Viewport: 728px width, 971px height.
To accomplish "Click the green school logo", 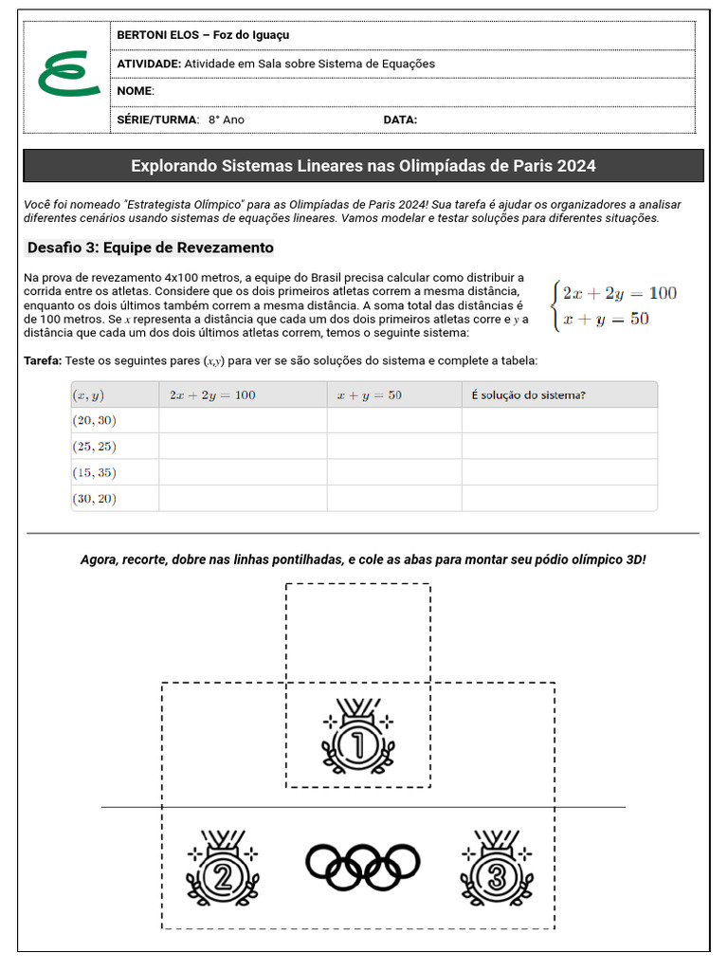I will pyautogui.click(x=67, y=75).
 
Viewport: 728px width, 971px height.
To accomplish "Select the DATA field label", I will pyautogui.click(x=400, y=119).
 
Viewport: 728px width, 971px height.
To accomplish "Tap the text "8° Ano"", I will pyautogui.click(x=227, y=119).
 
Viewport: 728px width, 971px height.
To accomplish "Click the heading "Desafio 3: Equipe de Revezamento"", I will pyautogui.click(x=150, y=247).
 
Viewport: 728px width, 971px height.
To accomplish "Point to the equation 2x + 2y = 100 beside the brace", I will pyautogui.click(x=620, y=293).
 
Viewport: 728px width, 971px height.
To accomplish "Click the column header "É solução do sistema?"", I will pyautogui.click(x=528, y=394).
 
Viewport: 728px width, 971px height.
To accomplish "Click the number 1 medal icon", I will pyautogui.click(x=358, y=740).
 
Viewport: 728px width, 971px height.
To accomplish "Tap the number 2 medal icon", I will pyautogui.click(x=222, y=871).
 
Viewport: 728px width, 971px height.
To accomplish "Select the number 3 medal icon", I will pyautogui.click(x=496, y=871).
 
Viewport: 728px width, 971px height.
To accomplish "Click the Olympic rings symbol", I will pyautogui.click(x=362, y=864).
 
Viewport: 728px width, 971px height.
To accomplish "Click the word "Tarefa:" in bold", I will pyautogui.click(x=43, y=361).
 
